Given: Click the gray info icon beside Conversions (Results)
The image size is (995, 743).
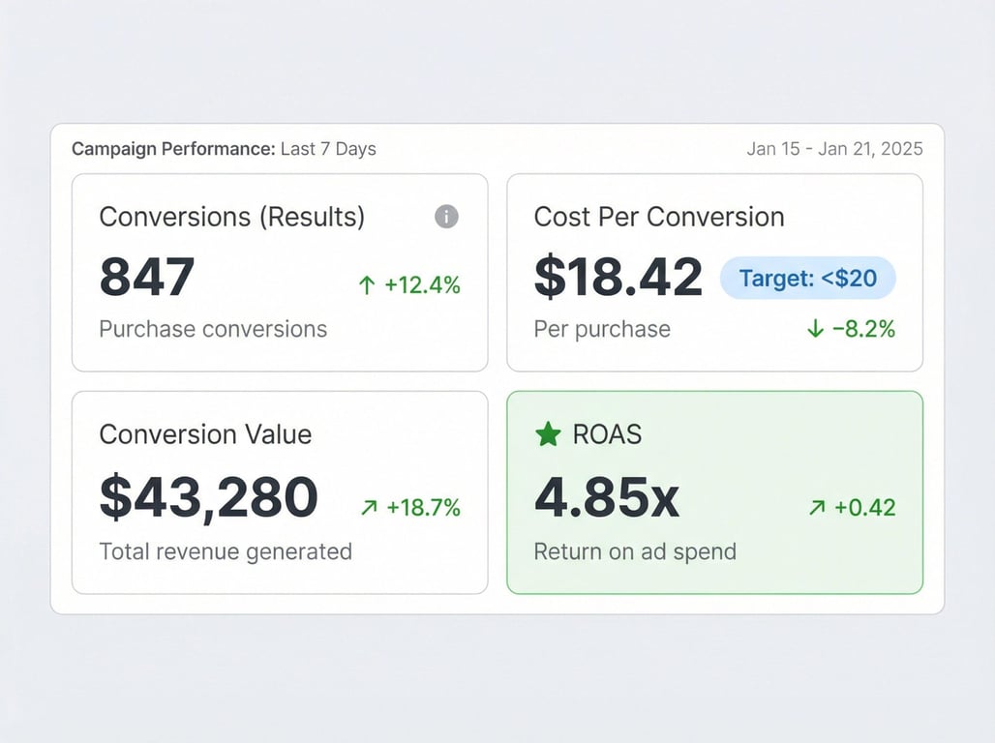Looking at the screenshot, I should coord(446,217).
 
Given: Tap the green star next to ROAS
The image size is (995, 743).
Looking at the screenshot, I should coord(548,434).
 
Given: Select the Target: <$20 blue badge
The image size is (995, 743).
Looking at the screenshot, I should coord(808,279).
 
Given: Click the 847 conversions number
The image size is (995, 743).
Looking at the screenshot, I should coord(147,277).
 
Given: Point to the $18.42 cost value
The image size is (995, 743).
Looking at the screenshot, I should coord(618,277).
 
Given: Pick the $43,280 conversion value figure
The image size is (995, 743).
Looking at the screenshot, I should coord(209,497).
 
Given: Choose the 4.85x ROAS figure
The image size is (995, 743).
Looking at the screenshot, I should coord(607,497).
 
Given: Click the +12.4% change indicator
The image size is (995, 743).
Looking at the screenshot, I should coord(409,284).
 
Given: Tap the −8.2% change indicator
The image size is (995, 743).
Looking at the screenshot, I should coord(852,329).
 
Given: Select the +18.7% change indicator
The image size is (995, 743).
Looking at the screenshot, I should coord(410,507).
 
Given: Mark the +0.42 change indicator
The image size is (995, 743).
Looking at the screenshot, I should coord(852,507).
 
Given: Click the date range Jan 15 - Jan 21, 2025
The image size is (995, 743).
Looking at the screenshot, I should coord(834,149).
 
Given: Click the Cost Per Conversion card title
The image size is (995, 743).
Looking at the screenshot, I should coord(659,217).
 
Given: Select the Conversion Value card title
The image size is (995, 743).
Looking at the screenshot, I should coord(205,434).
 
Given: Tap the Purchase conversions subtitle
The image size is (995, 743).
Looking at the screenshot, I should coord(213,329).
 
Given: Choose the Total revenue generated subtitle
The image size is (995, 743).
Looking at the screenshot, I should coord(226,551).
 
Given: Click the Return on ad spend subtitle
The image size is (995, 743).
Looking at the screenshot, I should coord(635,551).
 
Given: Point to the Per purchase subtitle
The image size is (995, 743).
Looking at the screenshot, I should coord(602,329).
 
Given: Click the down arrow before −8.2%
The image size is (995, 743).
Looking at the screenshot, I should coord(815,329).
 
